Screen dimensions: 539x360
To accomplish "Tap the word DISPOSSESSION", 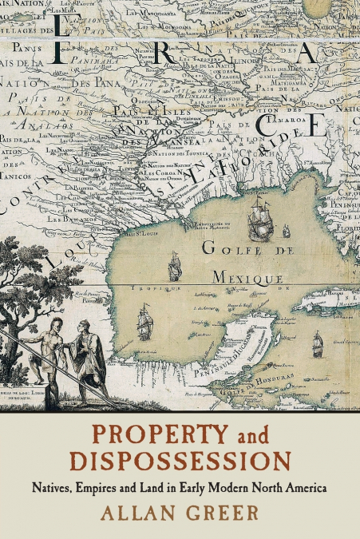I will tap(179, 462).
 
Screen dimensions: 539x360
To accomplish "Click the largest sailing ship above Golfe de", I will tap(260, 220).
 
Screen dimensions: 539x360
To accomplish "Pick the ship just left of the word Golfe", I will tap(174, 267).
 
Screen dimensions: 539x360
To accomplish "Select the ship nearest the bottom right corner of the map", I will tap(317, 344).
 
